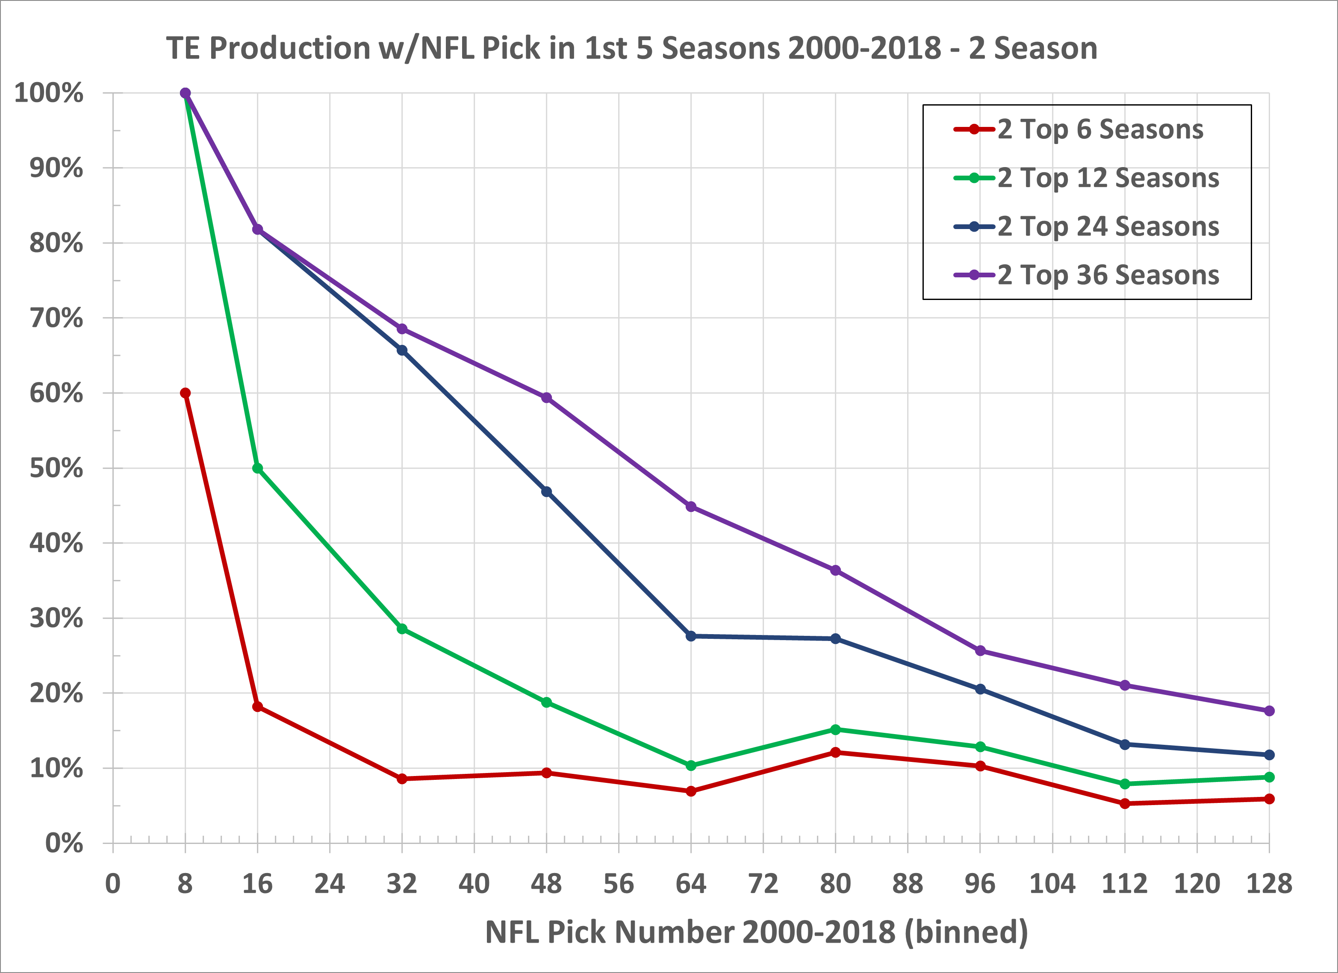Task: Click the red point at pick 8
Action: pos(185,393)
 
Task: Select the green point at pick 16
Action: pos(258,468)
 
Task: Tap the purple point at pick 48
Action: pos(546,398)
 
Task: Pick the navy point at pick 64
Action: pos(691,636)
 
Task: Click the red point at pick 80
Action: pos(835,753)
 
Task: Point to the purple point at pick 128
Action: pos(1269,711)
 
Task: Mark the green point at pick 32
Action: pos(402,629)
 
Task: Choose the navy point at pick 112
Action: pos(1124,745)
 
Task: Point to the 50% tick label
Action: pos(56,469)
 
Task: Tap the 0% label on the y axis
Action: pos(64,844)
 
